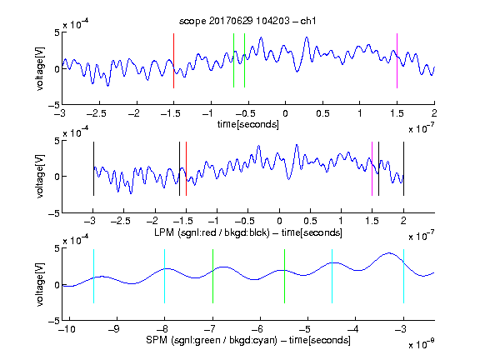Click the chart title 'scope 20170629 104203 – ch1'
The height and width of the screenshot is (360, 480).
247,21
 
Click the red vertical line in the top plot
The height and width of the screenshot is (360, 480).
173,61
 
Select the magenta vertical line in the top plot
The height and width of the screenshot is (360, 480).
397,61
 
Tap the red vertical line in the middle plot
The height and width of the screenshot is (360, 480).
186,168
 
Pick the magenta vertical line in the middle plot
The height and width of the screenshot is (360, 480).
372,168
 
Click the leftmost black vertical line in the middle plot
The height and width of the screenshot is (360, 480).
93,168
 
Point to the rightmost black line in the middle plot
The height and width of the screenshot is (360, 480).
403,168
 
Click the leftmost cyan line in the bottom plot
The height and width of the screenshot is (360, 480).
93,277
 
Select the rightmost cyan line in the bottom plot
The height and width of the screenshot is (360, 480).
403,277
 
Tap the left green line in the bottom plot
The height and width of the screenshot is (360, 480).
212,277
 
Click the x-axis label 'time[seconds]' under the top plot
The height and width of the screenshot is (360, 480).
248,124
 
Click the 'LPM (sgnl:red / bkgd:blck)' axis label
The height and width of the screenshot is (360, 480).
212,232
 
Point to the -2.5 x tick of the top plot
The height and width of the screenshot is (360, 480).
97,113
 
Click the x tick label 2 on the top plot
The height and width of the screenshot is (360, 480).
434,113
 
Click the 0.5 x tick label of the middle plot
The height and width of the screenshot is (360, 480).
310,221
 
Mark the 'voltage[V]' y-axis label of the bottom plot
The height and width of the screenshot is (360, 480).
40,284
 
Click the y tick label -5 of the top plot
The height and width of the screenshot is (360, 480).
54,105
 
